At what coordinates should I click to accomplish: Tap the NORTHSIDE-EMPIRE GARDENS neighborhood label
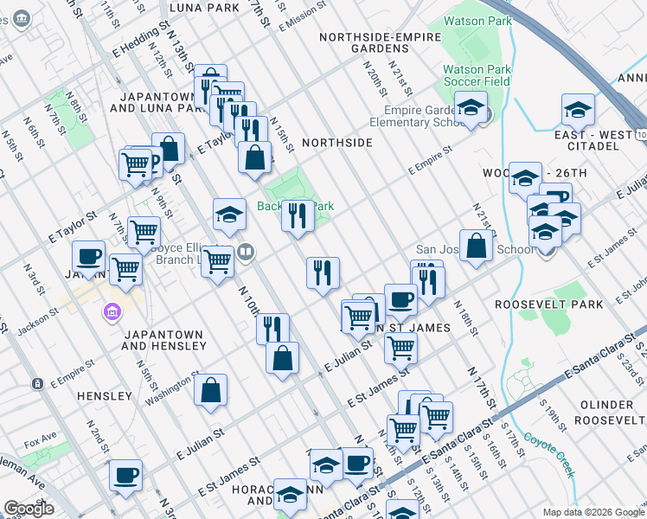tap(375, 42)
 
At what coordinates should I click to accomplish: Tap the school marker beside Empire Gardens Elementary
tap(471, 107)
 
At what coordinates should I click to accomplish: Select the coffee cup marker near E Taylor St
tap(87, 256)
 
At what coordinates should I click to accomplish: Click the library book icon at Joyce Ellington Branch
tap(247, 252)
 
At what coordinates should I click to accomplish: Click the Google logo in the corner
tap(29, 508)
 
